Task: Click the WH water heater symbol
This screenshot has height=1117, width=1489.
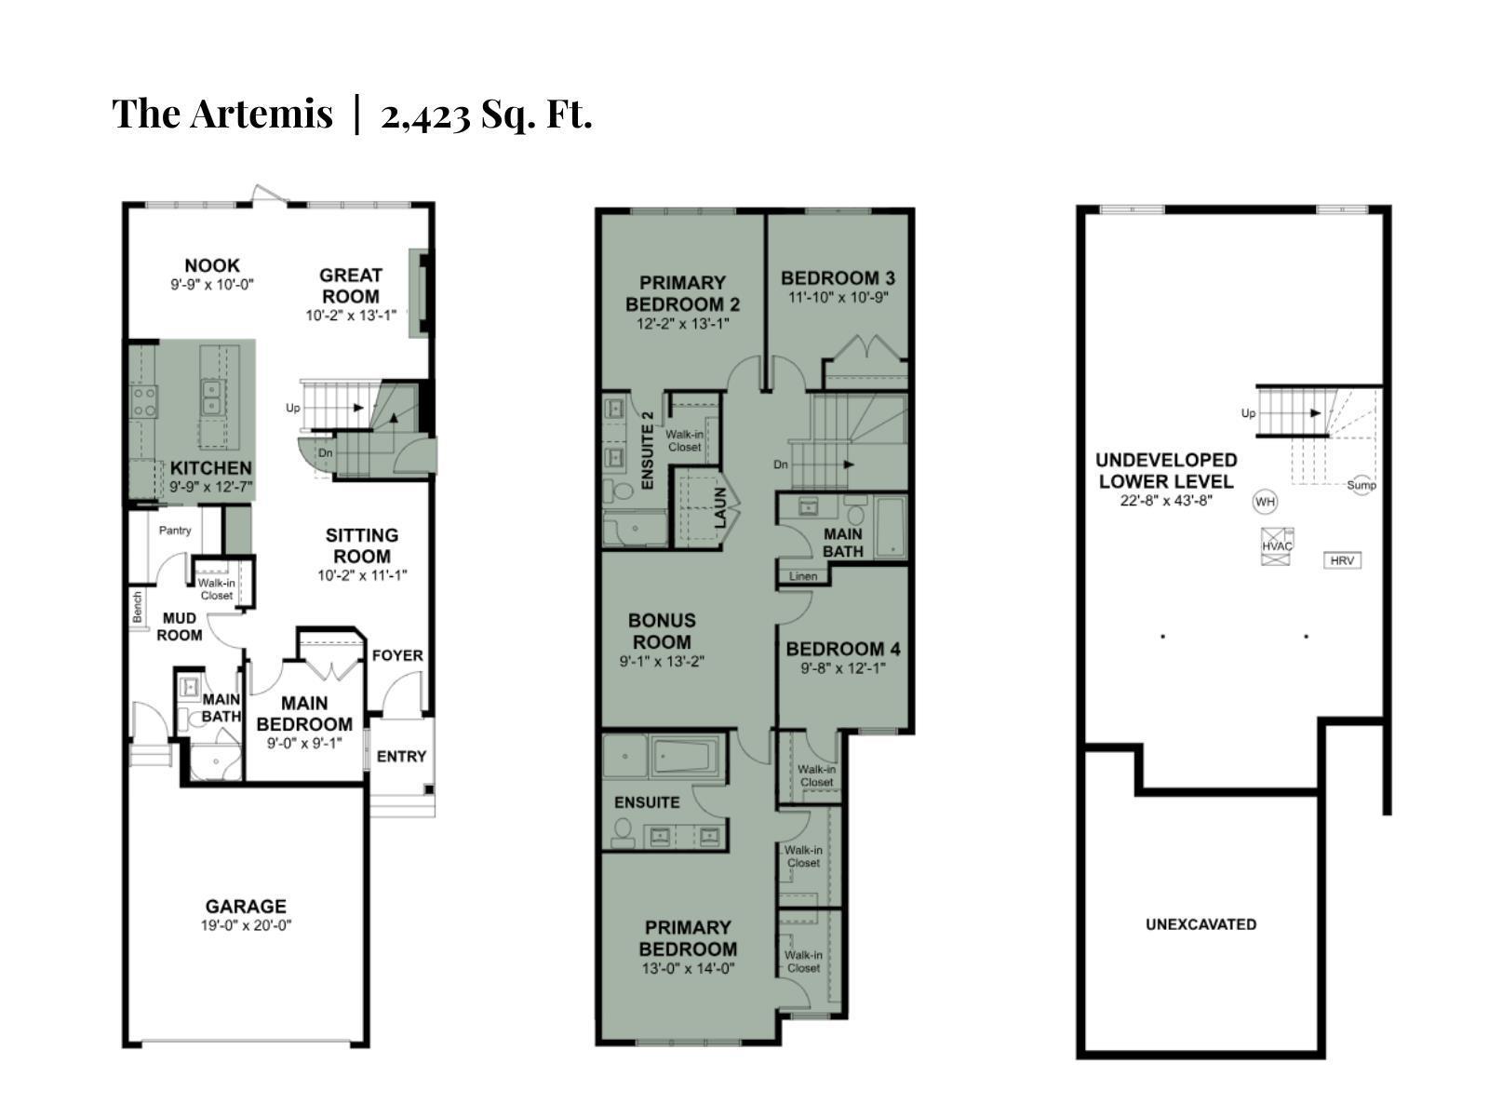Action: pyautogui.click(x=1265, y=502)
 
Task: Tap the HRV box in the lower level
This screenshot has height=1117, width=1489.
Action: pyautogui.click(x=1342, y=560)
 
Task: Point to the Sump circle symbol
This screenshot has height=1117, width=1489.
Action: pyautogui.click(x=1362, y=484)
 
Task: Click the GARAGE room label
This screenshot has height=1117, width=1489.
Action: pyautogui.click(x=246, y=906)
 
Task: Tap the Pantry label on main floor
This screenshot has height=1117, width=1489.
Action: pyautogui.click(x=175, y=531)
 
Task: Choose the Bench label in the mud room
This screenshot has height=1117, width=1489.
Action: pyautogui.click(x=138, y=608)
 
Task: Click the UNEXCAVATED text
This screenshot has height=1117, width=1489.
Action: pyautogui.click(x=1201, y=924)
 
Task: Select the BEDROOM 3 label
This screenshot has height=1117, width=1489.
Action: pyautogui.click(x=838, y=277)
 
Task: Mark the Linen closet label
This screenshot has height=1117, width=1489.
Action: pyautogui.click(x=803, y=576)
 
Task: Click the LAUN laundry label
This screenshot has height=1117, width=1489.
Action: pyautogui.click(x=720, y=508)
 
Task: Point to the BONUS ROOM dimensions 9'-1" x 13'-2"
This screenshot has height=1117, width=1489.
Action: pyautogui.click(x=662, y=662)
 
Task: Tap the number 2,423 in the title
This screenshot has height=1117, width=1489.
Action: pyautogui.click(x=424, y=114)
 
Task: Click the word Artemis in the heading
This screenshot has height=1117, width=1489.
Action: pyautogui.click(x=262, y=114)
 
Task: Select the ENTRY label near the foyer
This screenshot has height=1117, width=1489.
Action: pyautogui.click(x=401, y=757)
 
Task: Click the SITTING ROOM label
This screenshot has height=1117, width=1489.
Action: pyautogui.click(x=362, y=545)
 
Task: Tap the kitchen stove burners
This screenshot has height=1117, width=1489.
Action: pyautogui.click(x=144, y=401)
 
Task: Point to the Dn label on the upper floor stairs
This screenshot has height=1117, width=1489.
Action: pyautogui.click(x=781, y=464)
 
